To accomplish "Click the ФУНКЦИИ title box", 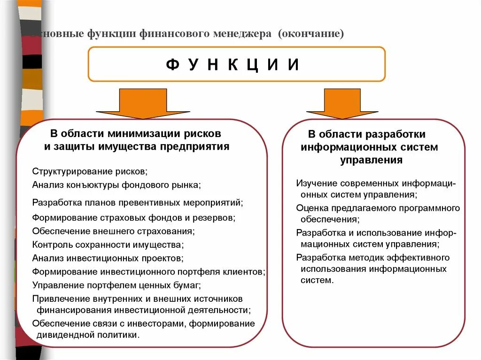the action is tap(236, 64).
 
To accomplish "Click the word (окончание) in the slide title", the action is tap(310, 34).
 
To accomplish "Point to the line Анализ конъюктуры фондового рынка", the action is tap(116, 184).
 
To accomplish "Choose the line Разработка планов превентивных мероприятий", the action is tap(138, 203).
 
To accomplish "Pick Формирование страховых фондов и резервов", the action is tap(134, 218).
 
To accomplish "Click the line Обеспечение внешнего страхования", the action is tap(113, 231).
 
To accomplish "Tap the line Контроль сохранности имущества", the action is tap(108, 245).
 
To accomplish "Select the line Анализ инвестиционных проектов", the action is tap(108, 258).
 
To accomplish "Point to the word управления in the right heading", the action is tap(371, 160).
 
